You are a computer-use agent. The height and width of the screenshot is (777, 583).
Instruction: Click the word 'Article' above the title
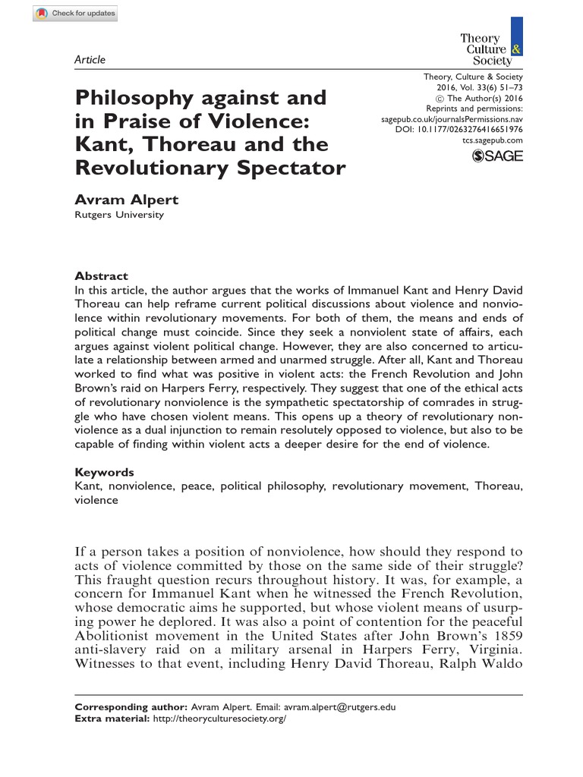click(x=90, y=60)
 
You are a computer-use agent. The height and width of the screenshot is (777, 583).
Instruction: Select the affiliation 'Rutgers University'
click(x=118, y=215)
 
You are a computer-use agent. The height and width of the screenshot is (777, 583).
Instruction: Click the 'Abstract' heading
click(x=101, y=276)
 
